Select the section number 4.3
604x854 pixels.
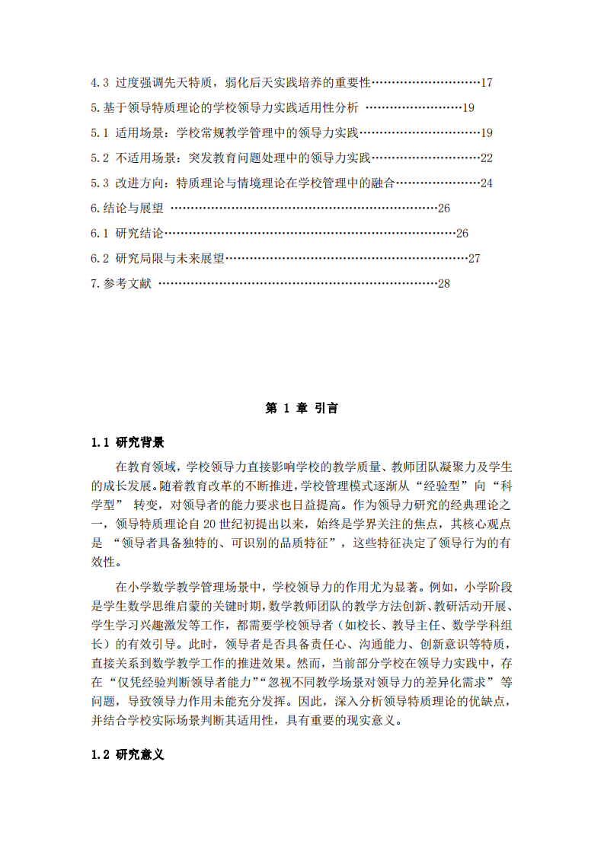pos(100,83)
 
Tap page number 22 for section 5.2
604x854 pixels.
pos(487,158)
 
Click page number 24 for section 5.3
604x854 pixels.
pos(487,183)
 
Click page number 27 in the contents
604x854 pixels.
pos(474,259)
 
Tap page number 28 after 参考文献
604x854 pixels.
pos(444,284)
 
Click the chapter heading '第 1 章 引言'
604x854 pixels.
pos(302,409)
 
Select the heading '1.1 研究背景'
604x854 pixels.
pos(127,442)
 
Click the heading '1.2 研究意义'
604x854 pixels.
pos(127,755)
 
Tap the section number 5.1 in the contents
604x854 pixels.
pos(100,133)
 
